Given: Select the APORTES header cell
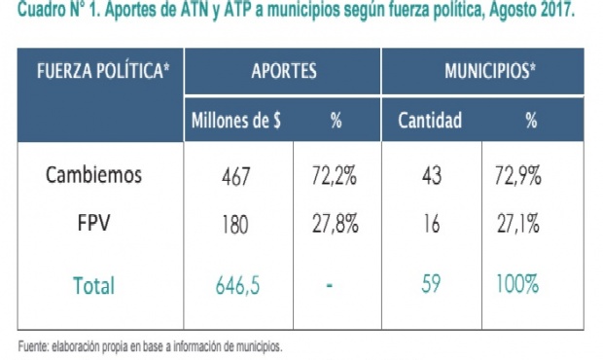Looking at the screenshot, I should coord(284,72).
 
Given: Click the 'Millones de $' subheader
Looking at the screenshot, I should coord(237,122).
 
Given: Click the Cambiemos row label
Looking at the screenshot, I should coord(94,175).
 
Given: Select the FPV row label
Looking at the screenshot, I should coord(94,223).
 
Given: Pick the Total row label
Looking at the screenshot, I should coord(94,285).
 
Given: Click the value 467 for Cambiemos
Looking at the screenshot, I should coord(236,176).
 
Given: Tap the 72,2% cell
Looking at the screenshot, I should coord(334,176).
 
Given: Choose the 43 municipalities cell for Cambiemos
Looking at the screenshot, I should coord(431,176).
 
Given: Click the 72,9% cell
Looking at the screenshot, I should coord(517,176).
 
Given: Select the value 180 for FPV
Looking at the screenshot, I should coord(236,224).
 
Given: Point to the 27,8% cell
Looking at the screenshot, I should coord(334,224).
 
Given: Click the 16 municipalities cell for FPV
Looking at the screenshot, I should coord(431,224).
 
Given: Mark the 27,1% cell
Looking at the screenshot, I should coord(517,224).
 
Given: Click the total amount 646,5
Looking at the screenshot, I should coord(238,285).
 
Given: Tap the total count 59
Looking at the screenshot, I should coord(431,285).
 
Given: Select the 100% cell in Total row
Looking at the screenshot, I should coord(517,285).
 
